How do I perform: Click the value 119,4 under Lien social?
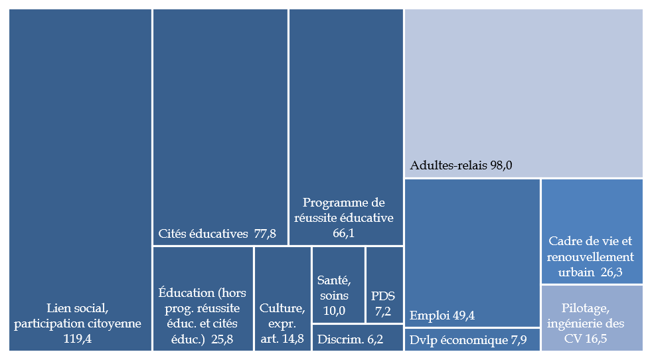81,339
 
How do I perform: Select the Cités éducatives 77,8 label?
217,234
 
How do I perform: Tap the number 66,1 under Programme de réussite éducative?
347,232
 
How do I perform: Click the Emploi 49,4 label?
443,315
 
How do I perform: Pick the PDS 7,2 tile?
384,286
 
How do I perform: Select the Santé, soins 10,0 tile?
338,286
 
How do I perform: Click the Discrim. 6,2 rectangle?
357,338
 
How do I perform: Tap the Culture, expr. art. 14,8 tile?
282,298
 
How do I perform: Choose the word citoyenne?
116,323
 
